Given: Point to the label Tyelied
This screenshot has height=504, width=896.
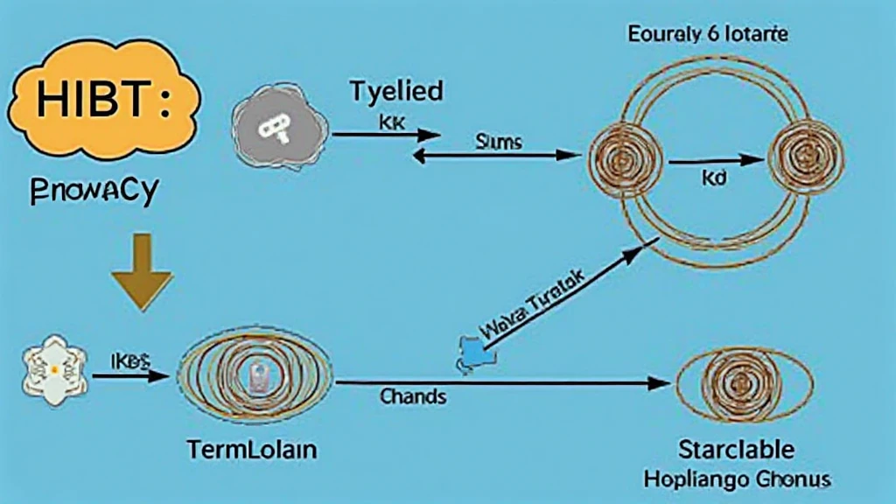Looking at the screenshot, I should (x=395, y=91).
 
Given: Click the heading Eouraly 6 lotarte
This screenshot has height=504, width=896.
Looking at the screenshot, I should (x=707, y=36).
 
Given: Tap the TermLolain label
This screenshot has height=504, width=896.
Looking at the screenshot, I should (x=251, y=451).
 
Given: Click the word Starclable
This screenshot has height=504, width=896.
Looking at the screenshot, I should (x=737, y=451).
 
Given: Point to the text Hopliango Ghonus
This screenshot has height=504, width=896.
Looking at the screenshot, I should (x=737, y=479).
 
